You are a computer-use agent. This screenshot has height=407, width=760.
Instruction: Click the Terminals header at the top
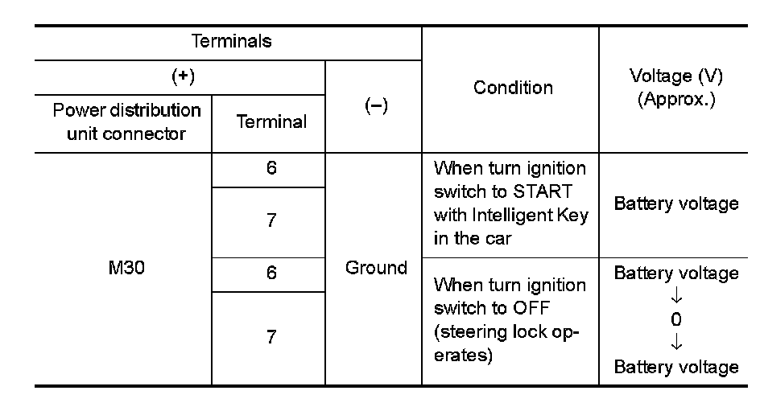click(x=231, y=42)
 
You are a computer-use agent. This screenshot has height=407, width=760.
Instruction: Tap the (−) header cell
click(x=374, y=107)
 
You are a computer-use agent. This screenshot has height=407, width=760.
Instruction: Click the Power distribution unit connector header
click(x=126, y=121)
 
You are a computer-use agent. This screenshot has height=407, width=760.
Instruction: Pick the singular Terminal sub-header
click(x=271, y=121)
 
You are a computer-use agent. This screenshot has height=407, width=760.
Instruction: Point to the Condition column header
click(x=513, y=88)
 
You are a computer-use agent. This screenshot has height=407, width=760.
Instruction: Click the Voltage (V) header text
click(x=675, y=77)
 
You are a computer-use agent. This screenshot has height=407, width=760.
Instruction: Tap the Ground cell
click(x=376, y=268)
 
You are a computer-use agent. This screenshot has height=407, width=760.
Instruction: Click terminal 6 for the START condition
click(x=271, y=170)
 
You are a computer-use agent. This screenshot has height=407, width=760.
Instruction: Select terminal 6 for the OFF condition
click(x=271, y=273)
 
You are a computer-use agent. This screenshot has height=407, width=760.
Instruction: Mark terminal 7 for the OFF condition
click(x=271, y=337)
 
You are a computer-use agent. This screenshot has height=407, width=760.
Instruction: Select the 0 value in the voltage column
click(x=676, y=319)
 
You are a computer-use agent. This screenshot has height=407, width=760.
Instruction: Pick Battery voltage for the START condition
click(x=676, y=203)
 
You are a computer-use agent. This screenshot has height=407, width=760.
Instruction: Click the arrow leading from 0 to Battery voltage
click(x=676, y=343)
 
